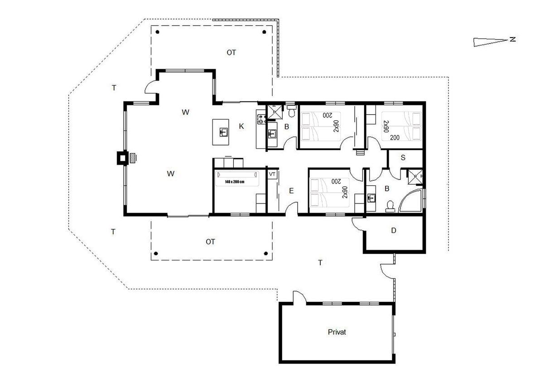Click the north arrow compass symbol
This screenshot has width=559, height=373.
coord(491,42)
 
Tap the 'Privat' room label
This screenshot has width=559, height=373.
coord(337,332)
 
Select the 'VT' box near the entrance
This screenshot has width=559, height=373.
coord(272,174)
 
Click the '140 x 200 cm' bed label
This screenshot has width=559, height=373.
coord(235,182)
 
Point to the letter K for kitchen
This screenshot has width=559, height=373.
coord(241,126)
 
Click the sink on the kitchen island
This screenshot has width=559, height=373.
coord(223,132)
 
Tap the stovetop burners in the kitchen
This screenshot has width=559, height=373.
coord(261,119)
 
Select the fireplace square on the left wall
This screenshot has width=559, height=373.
coord(122,158)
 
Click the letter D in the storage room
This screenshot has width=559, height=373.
coord(394,230)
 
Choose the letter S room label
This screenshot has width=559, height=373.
coord(403,158)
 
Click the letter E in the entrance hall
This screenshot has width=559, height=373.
coord(291,191)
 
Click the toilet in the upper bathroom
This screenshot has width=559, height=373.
coord(291,111)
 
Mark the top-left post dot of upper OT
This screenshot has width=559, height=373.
coord(158,32)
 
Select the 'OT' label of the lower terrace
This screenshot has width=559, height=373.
coord(210,242)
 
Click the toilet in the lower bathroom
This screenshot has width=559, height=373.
coord(390,207)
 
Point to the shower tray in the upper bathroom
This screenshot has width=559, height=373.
coord(275,112)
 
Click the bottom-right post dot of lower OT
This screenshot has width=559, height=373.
coord(266,253)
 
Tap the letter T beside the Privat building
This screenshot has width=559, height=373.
coord(320,263)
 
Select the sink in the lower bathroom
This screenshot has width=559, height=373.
coord(371,198)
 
